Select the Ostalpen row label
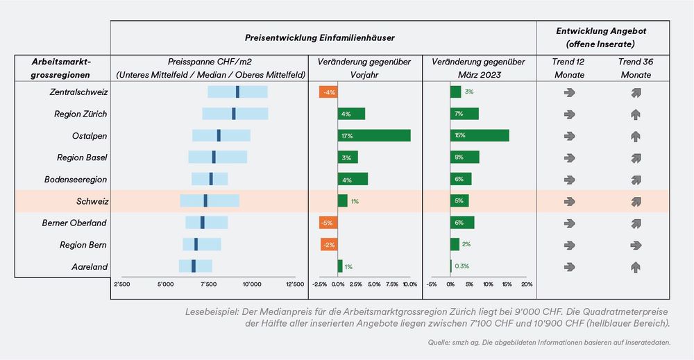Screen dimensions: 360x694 point(89,135)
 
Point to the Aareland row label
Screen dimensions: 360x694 point(89,266)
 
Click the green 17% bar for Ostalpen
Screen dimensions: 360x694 point(374,135)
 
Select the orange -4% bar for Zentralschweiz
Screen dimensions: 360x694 point(328,92)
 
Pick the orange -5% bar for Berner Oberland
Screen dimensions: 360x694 point(328,223)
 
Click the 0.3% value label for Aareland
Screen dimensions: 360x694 point(462,266)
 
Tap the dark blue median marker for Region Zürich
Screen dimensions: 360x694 point(234,114)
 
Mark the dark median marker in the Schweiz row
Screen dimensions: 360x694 point(205,200)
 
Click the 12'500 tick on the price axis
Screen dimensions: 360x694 point(294,284)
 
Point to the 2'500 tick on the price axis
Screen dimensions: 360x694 point(121,284)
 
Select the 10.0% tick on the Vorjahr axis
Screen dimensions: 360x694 point(409,284)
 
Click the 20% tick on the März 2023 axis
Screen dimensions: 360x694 point(526,284)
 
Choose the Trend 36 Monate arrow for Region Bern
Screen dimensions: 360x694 point(635,245)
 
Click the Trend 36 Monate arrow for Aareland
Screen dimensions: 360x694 point(635,266)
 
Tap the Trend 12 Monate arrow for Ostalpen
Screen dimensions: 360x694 point(570,135)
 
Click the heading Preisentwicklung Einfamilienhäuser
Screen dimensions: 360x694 point(323,36)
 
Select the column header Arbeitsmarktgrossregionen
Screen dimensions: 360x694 point(61,67)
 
